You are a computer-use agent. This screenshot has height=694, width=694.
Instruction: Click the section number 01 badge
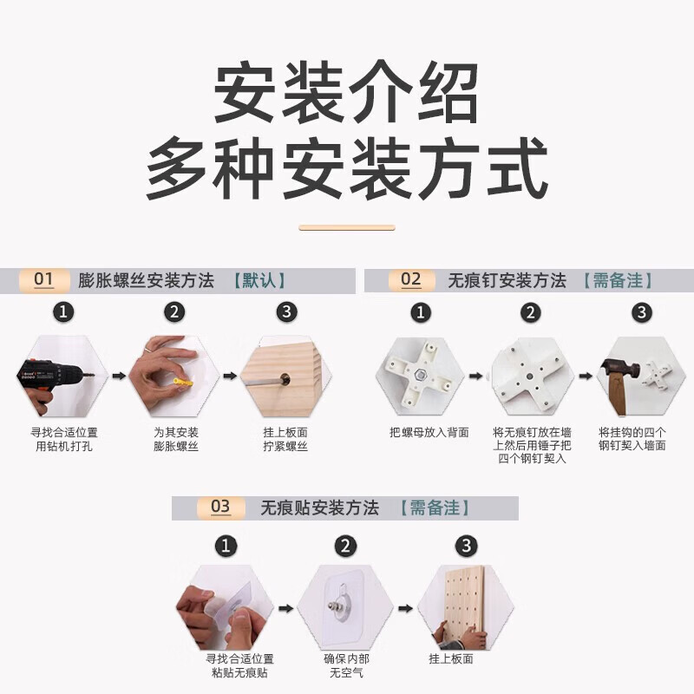[44, 280]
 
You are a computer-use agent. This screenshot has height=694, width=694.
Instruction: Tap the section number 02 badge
[411, 280]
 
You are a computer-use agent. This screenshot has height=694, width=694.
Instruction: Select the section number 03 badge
[220, 507]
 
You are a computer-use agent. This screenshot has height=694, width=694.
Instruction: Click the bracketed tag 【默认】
[259, 280]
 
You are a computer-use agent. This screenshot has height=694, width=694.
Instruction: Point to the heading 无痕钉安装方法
[507, 280]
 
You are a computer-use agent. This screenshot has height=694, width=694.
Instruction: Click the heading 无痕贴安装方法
[319, 507]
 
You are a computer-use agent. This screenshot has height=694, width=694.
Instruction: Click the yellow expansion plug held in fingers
[183, 382]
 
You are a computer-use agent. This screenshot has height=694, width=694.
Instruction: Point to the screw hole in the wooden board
[285, 379]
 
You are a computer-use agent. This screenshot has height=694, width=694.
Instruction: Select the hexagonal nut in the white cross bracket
[419, 376]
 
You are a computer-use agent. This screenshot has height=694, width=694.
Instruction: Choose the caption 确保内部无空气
[346, 665]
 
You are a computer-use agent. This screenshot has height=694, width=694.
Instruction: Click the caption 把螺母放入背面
[429, 432]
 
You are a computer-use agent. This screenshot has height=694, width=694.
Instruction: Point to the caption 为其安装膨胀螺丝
[176, 439]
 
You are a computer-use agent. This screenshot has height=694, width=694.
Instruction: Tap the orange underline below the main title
[346, 228]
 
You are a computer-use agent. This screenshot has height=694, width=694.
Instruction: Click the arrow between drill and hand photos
[119, 376]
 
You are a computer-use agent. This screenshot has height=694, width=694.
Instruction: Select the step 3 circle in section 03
[467, 546]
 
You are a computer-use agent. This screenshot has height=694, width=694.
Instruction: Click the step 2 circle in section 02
[531, 313]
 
